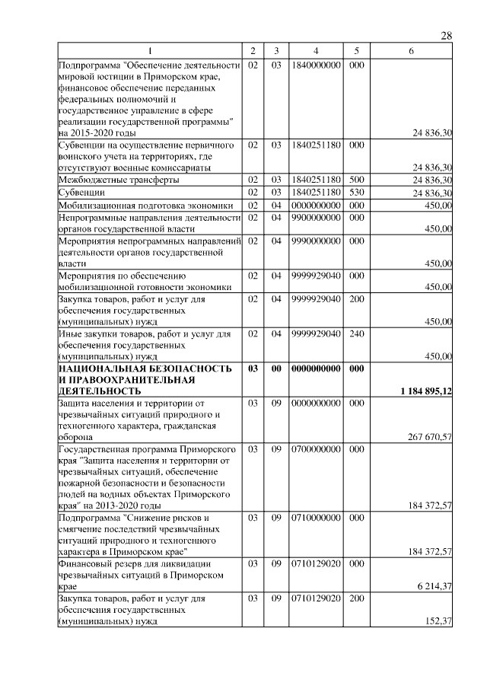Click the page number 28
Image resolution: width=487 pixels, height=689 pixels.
coord(447,36)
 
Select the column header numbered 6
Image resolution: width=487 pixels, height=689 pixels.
coord(411,51)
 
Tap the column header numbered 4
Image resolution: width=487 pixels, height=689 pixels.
coord(315,51)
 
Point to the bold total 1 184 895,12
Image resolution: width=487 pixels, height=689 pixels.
coord(426,391)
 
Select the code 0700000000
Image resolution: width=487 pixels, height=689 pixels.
coord(315,449)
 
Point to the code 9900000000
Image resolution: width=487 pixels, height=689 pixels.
coord(315,217)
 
